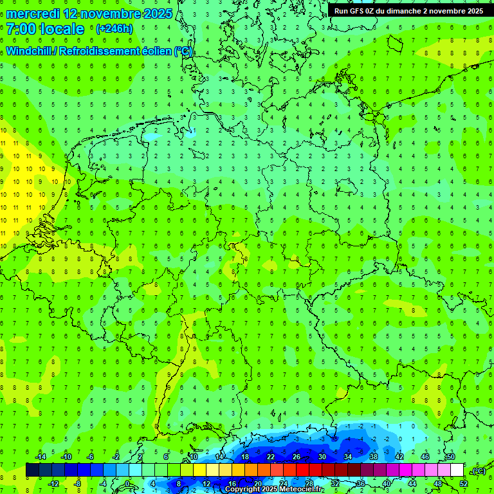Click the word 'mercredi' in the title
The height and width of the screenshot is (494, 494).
point(34,14)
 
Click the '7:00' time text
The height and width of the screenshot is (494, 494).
point(21,29)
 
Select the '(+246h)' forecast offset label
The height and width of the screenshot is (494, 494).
point(114,29)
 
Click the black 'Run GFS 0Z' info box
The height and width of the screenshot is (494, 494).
point(408,11)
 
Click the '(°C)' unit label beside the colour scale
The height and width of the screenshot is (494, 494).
point(479,471)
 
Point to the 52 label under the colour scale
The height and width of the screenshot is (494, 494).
point(463,484)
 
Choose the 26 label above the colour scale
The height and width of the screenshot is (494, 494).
point(297,457)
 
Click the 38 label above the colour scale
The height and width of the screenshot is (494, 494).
point(374,457)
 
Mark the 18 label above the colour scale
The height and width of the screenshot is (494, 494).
point(245,457)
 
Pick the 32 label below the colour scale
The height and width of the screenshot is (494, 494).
point(335,484)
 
